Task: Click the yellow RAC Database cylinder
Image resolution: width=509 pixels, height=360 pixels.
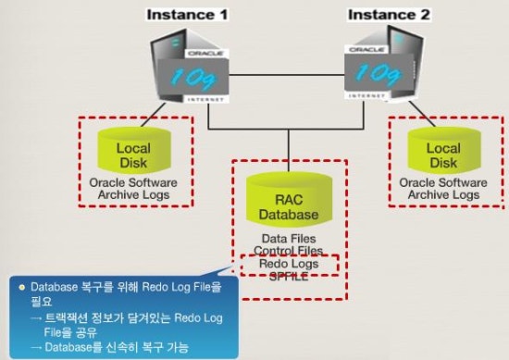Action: pos(289,204)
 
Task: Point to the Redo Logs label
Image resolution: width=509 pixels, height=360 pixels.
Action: pos(289,263)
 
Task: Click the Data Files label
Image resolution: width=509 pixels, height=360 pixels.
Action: pos(289,239)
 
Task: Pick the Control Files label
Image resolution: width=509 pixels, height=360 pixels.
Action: pos(289,251)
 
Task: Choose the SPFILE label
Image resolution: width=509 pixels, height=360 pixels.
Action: pos(289,275)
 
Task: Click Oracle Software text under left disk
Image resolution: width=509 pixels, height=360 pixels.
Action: pos(133,183)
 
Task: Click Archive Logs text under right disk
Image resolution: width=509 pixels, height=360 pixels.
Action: pos(443,195)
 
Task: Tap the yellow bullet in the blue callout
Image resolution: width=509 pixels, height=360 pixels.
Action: pos(21,288)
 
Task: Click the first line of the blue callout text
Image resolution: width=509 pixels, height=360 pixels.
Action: pos(125,288)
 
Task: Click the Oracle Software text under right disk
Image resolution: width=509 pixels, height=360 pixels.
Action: pos(443,183)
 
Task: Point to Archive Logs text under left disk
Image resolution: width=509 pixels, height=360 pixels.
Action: pos(133,195)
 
